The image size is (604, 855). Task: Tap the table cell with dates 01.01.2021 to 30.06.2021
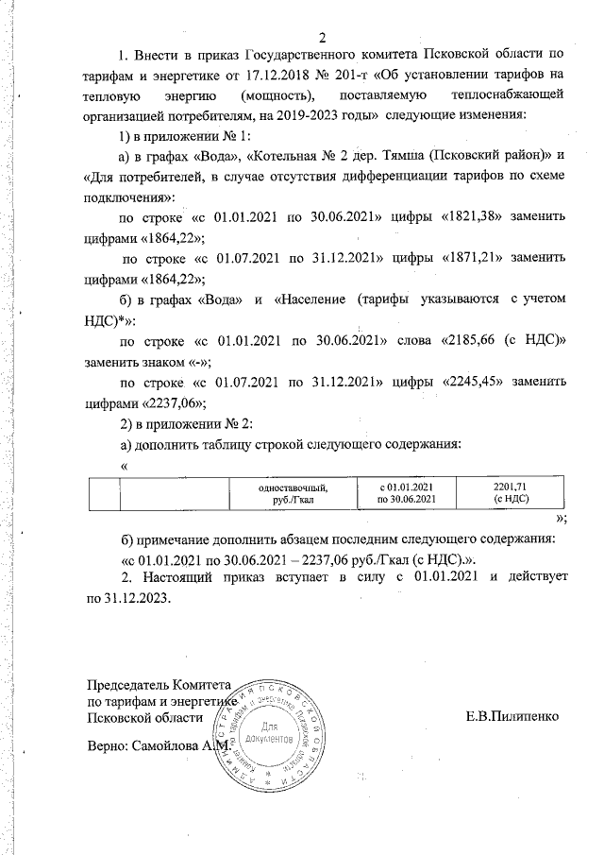point(406,492)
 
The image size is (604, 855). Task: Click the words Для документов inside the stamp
point(271,735)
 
